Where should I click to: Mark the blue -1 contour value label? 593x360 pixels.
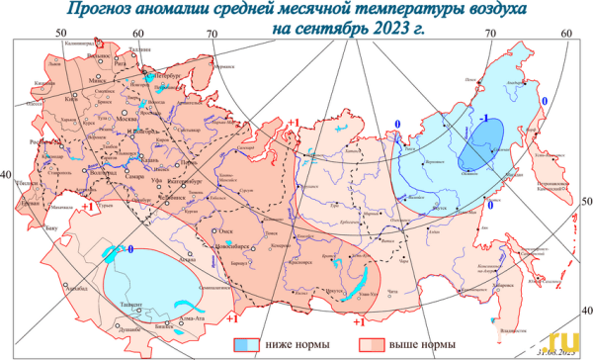click(485, 118)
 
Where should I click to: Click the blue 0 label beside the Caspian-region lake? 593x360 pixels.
click(129, 250)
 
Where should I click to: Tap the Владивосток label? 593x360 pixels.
click(512, 318)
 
